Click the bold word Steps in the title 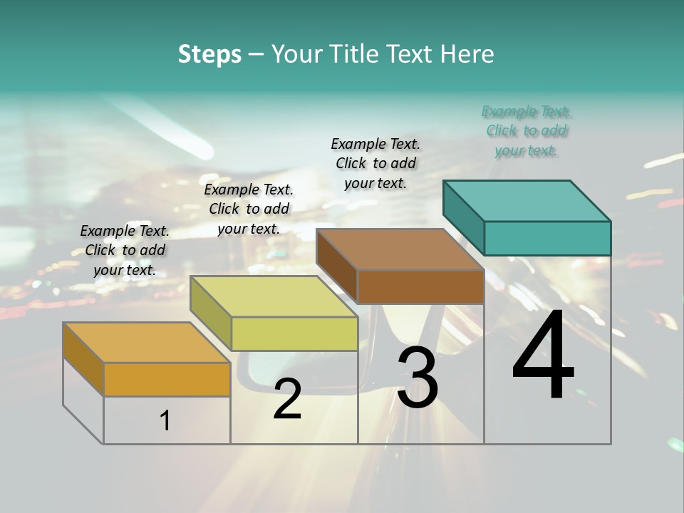(209, 54)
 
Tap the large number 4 (543, 358)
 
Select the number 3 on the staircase (418, 378)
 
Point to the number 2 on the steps (287, 400)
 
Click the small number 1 (165, 421)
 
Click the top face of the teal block (527, 200)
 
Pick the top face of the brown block (400, 249)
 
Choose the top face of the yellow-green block (274, 296)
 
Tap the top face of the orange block (147, 343)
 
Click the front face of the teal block (547, 238)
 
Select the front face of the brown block (420, 287)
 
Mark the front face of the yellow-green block (294, 333)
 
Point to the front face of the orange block (167, 379)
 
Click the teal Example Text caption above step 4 (527, 131)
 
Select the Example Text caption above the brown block (375, 163)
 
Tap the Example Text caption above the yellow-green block (249, 209)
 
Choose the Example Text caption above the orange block (125, 250)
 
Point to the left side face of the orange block (83, 358)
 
